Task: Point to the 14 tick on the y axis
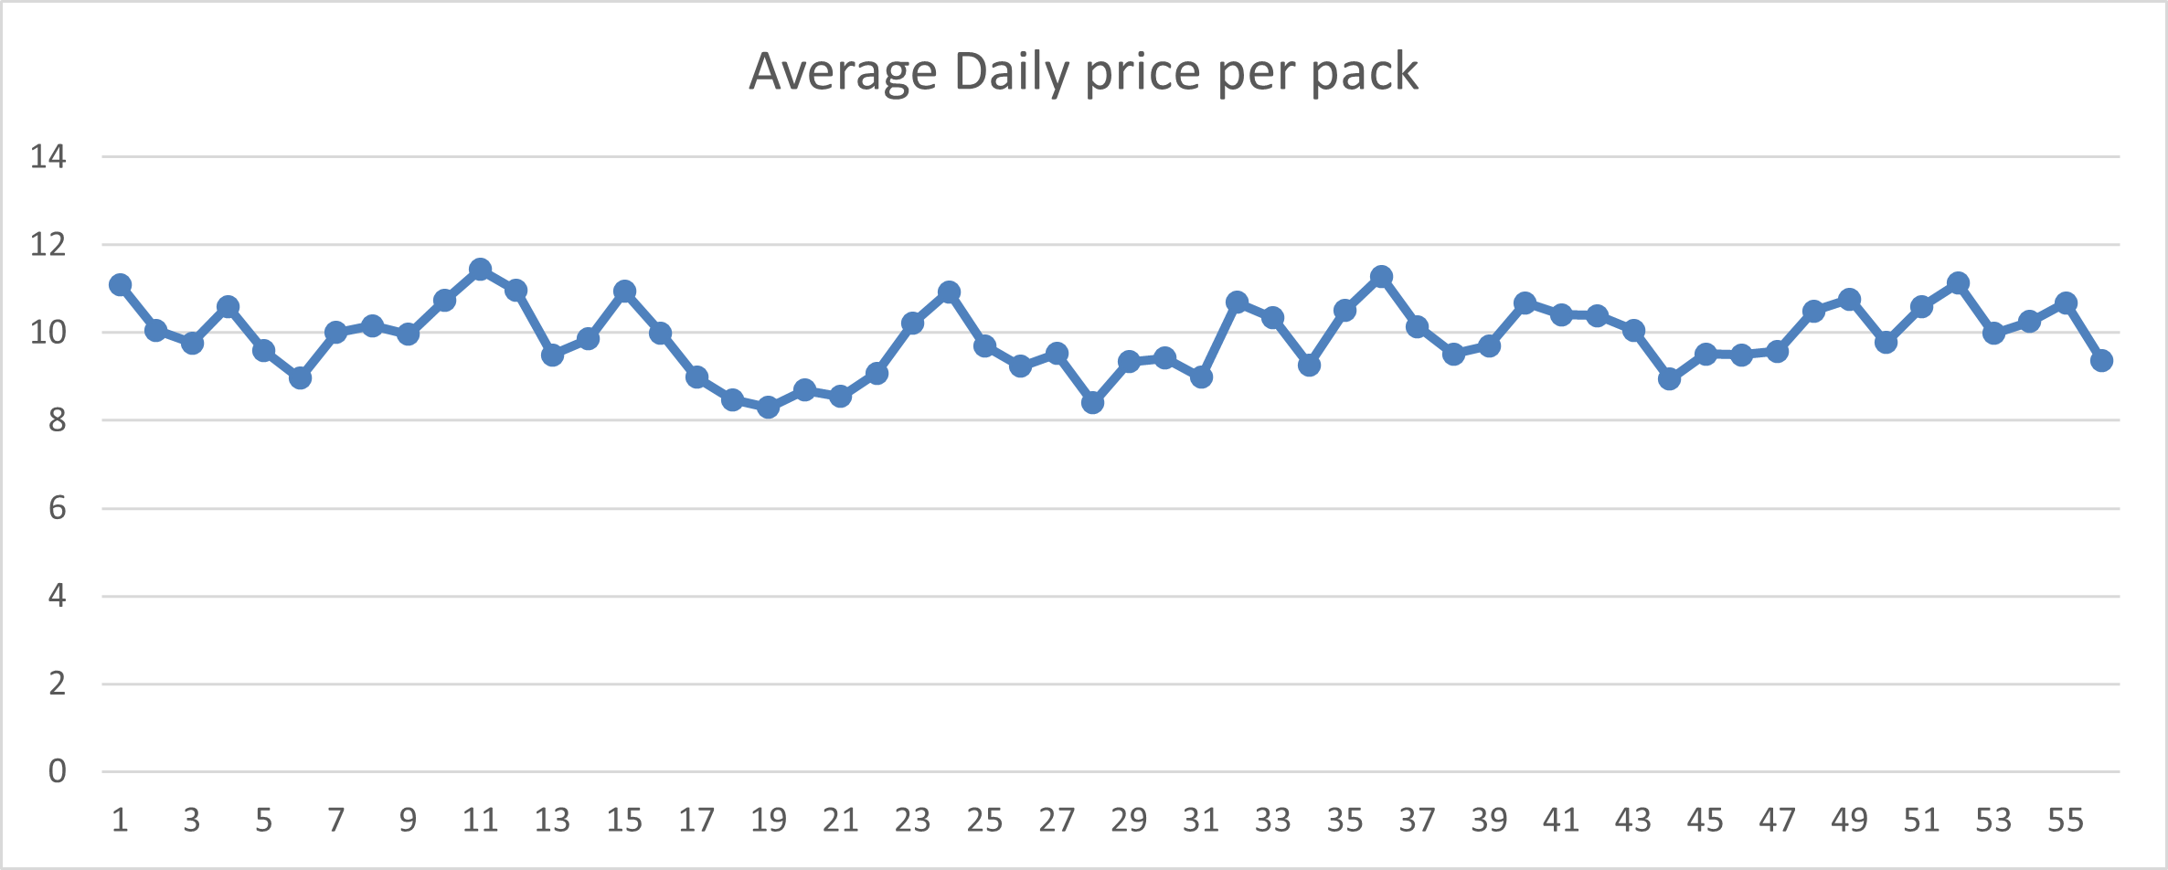click(48, 157)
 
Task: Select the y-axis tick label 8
click(58, 420)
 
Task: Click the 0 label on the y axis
click(58, 771)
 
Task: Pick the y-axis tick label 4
click(58, 596)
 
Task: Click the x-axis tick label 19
click(769, 821)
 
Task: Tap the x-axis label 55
click(2066, 821)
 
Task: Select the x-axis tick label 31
click(1201, 821)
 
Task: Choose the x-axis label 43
click(1633, 821)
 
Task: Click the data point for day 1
click(120, 285)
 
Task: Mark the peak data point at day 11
click(481, 270)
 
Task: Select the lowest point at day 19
click(769, 407)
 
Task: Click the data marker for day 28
click(1092, 402)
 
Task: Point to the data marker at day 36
click(1381, 277)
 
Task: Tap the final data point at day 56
click(2101, 361)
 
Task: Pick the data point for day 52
click(1958, 283)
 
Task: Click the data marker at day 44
click(1669, 378)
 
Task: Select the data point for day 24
click(949, 292)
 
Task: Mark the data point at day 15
click(624, 292)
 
